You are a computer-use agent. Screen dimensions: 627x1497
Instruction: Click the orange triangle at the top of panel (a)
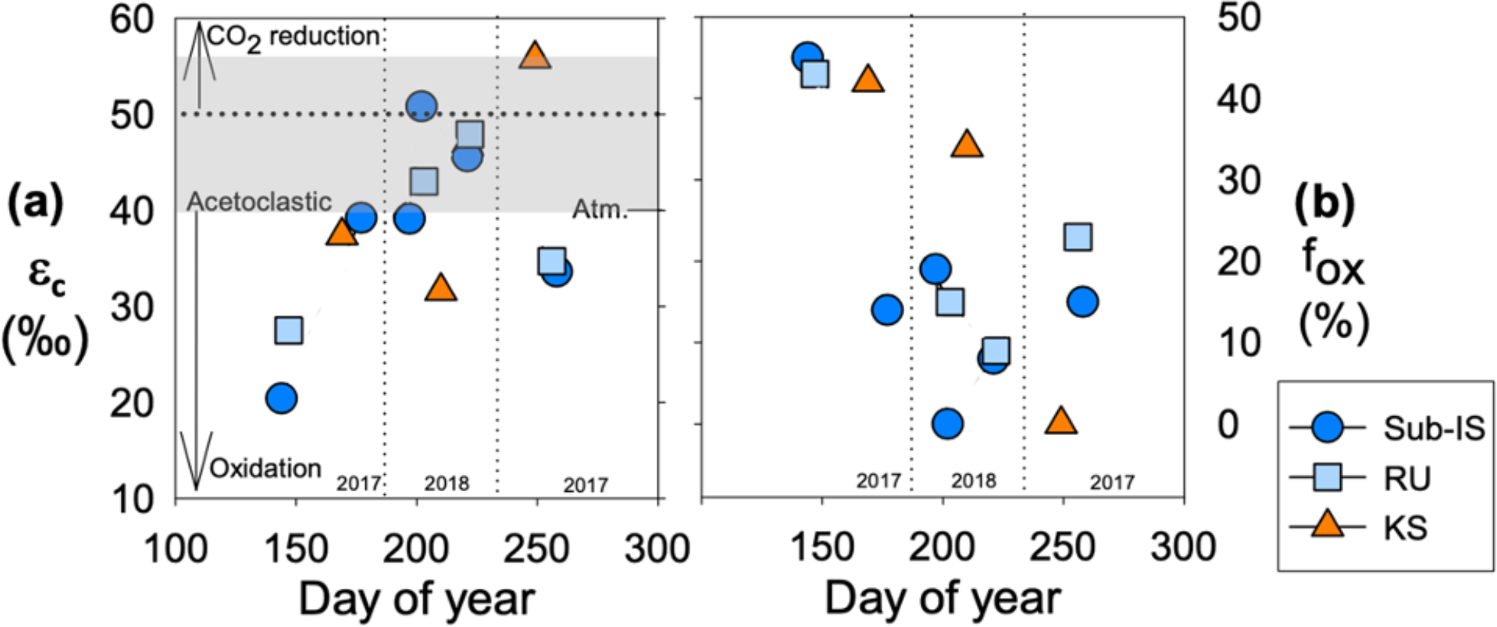click(534, 55)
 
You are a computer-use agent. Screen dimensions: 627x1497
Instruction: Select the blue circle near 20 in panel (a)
click(281, 397)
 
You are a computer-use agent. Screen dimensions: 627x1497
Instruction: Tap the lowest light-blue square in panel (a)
click(289, 330)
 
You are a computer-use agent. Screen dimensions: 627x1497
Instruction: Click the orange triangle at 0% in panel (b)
click(1060, 421)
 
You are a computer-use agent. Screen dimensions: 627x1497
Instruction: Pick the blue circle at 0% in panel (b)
click(948, 424)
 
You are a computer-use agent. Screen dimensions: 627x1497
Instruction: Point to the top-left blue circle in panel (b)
click(807, 57)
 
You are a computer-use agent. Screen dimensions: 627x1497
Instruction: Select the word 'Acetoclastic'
click(259, 202)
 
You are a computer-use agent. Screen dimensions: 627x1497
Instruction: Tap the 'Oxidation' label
click(265, 469)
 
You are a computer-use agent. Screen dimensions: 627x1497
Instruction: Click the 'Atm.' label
click(600, 209)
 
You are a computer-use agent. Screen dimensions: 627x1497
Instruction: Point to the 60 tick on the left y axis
click(132, 19)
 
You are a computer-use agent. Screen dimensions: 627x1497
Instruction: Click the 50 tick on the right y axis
click(1239, 18)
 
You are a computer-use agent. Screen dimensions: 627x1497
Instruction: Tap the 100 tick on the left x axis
click(176, 549)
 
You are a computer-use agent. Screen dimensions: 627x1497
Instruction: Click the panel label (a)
click(35, 203)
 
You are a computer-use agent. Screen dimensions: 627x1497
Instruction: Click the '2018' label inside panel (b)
click(973, 481)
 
